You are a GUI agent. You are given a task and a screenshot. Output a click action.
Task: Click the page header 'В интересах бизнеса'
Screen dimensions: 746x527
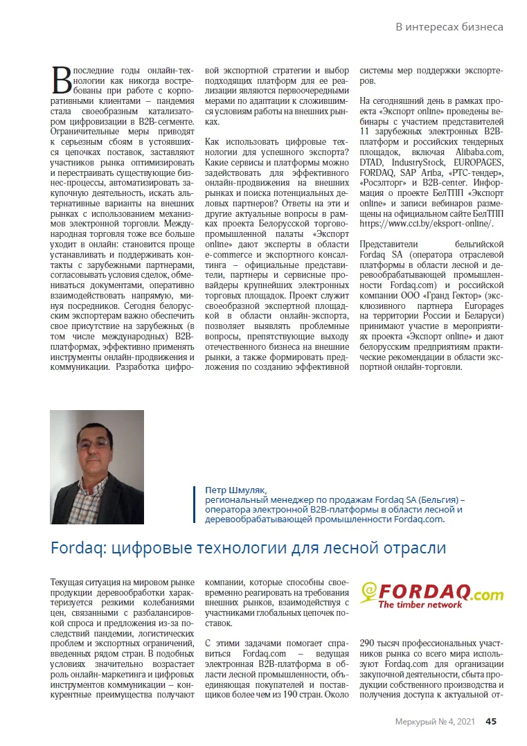(x=449, y=27)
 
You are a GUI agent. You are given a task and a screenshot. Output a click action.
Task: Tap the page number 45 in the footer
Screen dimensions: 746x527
(x=490, y=721)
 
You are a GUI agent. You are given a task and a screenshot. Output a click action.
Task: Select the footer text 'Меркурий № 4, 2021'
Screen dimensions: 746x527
(x=435, y=721)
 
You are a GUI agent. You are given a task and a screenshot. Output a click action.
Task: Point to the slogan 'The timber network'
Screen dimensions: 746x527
(x=420, y=605)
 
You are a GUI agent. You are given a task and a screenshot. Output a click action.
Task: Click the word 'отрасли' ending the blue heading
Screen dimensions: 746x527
(x=414, y=548)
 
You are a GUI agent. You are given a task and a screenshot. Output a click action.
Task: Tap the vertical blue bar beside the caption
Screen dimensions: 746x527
(x=197, y=504)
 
